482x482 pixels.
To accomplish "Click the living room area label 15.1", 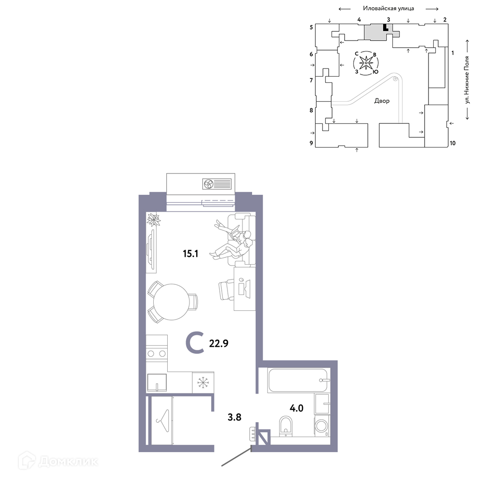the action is click(x=190, y=254).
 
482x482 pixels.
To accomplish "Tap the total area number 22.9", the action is click(x=218, y=343).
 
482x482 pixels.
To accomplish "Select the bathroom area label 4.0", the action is click(x=296, y=408).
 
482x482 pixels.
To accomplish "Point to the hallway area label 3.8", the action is click(x=234, y=417).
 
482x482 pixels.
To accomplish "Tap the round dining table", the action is click(x=171, y=302).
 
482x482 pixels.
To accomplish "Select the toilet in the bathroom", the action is click(x=286, y=426).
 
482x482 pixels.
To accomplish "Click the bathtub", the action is click(x=297, y=381).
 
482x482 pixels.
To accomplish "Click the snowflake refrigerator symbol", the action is click(x=202, y=383).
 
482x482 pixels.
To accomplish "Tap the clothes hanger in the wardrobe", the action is click(x=162, y=421).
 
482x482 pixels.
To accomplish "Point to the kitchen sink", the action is click(x=157, y=382).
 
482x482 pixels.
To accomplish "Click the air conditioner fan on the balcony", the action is click(x=208, y=184).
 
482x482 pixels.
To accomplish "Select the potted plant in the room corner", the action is click(x=154, y=220).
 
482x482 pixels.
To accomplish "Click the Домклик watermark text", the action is click(x=69, y=461).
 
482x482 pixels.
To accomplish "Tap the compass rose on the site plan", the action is click(x=366, y=63).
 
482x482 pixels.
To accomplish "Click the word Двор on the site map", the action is click(x=382, y=101).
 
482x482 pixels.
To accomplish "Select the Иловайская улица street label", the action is click(x=388, y=8).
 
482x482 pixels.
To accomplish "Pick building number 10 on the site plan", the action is click(x=453, y=143).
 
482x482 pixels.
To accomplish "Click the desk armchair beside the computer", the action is click(x=227, y=290).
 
